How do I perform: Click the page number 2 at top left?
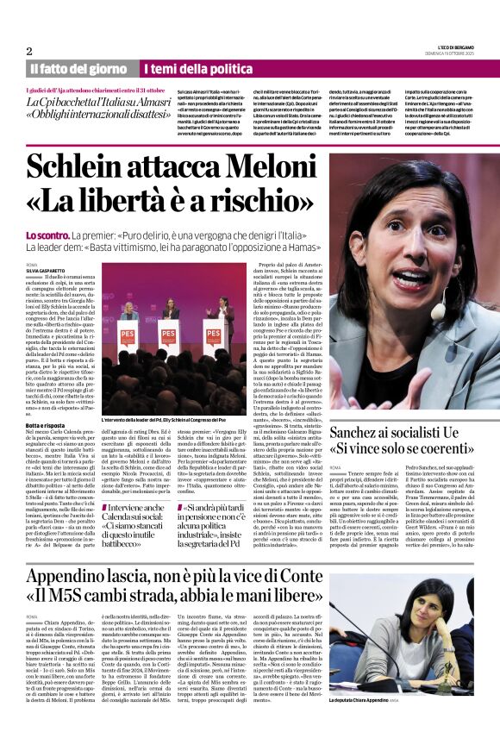30,50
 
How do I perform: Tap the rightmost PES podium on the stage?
212,337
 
